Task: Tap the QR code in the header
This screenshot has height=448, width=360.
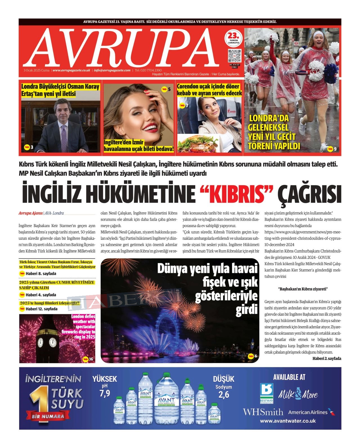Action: coord(234,55)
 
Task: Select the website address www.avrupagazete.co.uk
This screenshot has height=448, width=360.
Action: coord(71,70)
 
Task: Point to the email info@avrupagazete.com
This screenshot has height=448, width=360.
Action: coord(112,70)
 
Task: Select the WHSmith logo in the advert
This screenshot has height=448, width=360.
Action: coord(263,412)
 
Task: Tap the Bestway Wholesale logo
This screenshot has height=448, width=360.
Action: coord(267,393)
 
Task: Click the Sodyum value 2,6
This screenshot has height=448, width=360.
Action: coord(224,395)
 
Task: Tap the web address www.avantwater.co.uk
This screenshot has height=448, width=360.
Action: coord(288,421)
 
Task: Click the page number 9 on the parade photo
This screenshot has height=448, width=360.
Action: coord(335,149)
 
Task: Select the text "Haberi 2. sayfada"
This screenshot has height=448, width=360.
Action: coord(327,358)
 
